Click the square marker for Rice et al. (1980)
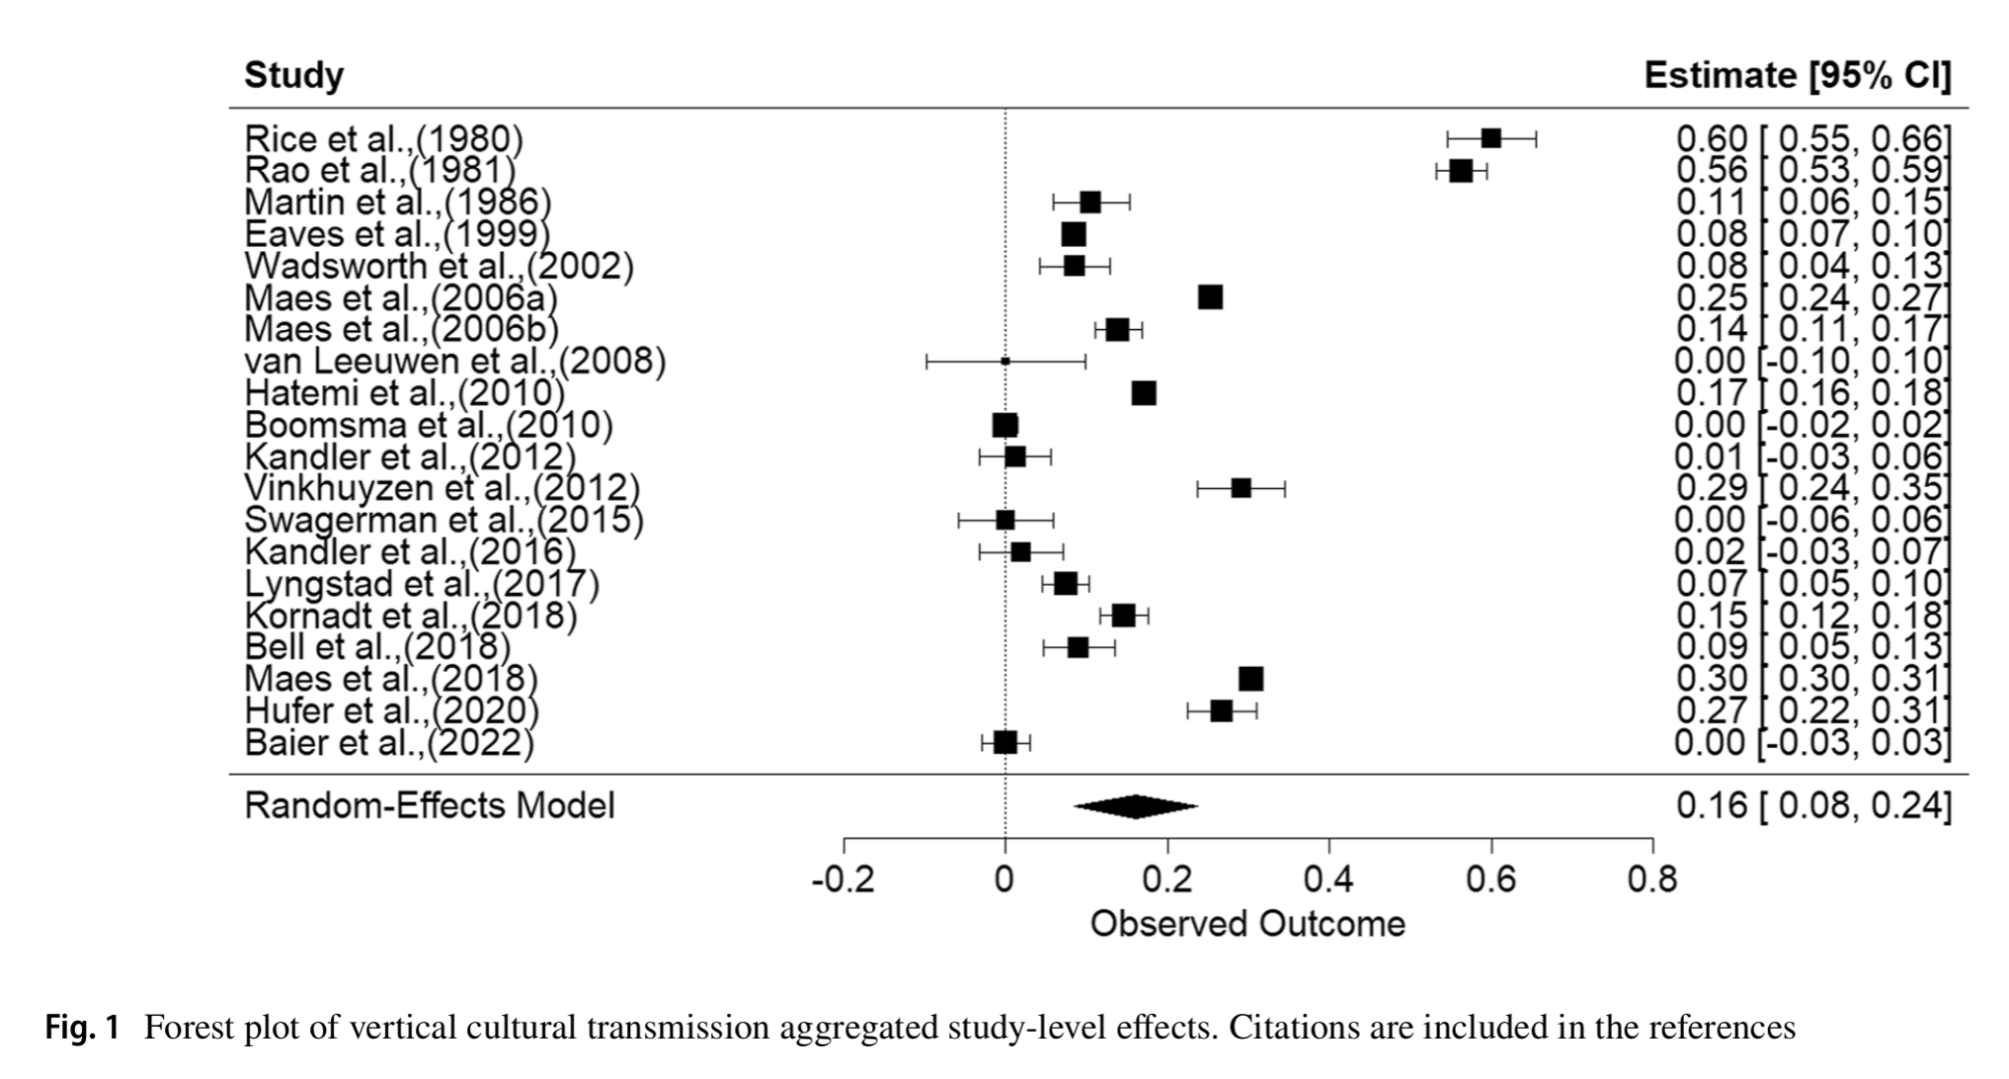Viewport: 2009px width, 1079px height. [x=1490, y=138]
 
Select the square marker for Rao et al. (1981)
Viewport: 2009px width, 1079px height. [x=1461, y=171]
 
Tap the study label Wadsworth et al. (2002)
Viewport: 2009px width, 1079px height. [x=439, y=266]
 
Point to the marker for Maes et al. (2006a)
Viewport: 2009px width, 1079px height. [x=1210, y=297]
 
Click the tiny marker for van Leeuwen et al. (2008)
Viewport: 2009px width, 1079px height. [x=1005, y=362]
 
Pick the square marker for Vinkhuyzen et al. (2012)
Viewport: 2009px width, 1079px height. [x=1241, y=488]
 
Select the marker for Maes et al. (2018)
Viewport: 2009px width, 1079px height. [x=1250, y=679]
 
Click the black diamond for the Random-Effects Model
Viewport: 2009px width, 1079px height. [x=1136, y=806]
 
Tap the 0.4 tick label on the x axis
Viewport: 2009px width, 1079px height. [x=1328, y=878]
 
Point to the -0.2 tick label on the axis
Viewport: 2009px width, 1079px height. [x=843, y=878]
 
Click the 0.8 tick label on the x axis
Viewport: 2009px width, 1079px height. [x=1652, y=878]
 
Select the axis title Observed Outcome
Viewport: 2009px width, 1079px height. [x=1246, y=924]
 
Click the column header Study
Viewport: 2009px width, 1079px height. [x=293, y=75]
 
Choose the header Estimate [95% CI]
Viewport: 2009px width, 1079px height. [x=1797, y=75]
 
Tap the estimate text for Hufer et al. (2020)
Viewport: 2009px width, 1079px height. [x=1812, y=710]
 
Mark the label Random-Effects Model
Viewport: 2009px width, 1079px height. [x=429, y=805]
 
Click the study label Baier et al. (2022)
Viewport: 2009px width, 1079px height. [x=388, y=742]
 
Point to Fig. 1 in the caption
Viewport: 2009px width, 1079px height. [x=83, y=1029]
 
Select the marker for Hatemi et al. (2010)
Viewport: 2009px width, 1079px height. [x=1144, y=393]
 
